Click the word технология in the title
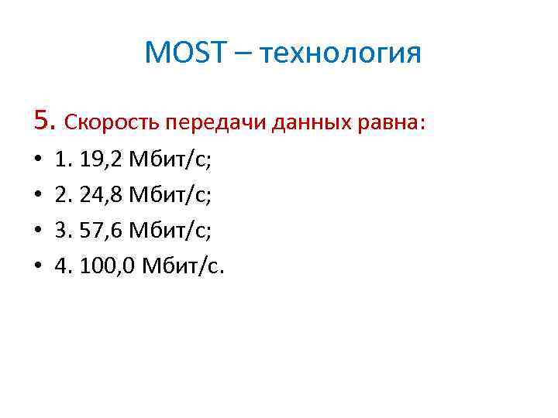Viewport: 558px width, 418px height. [x=341, y=54]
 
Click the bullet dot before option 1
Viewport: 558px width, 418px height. [x=38, y=162]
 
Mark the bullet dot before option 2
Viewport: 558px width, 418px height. [x=38, y=197]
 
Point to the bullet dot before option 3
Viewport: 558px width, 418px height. [x=38, y=231]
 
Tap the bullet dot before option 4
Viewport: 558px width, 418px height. [x=38, y=266]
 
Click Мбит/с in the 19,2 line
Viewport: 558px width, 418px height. [x=170, y=161]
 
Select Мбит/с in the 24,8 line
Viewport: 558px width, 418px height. [x=170, y=196]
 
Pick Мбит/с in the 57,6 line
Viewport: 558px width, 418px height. [x=170, y=231]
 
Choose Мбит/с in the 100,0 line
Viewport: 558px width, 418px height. [x=183, y=266]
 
